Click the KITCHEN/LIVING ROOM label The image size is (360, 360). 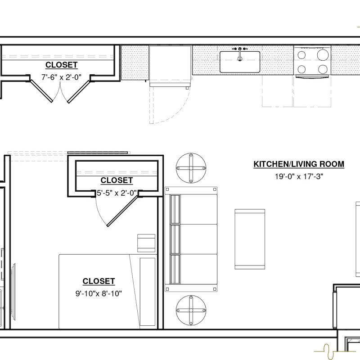299,164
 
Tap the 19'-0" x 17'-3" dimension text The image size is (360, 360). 299,176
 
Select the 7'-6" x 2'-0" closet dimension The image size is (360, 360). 61,77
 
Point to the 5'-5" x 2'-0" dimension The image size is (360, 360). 117,193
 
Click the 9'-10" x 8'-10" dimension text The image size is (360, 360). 99,293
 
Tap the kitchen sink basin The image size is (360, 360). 240,62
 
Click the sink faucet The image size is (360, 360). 240,54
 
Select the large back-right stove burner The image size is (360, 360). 323,55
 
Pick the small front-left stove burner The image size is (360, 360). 301,69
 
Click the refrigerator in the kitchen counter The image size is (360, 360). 170,66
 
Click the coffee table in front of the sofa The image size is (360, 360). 250,239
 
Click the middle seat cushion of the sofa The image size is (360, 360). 193,239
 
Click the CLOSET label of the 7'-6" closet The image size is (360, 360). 61,65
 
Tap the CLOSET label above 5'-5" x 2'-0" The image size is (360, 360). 117,180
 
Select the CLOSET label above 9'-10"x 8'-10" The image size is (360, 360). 99,281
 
